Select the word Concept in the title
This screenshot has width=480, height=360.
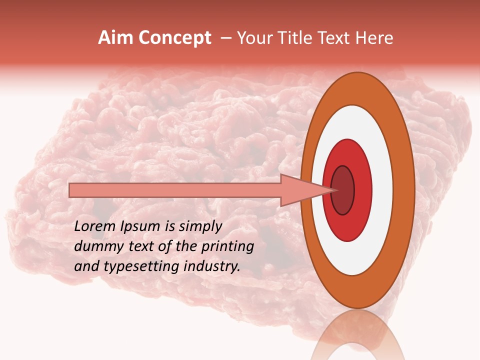click(x=174, y=38)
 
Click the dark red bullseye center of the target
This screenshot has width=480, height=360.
click(x=342, y=190)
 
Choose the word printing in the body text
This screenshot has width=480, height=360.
click(x=229, y=247)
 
